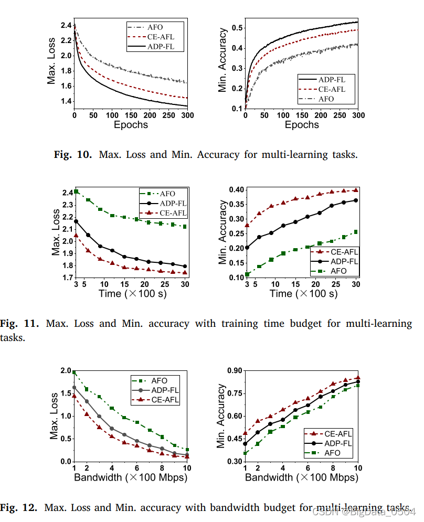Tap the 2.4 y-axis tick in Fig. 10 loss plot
66,25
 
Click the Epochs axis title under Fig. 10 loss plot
131,124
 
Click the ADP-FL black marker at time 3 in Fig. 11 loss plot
77,221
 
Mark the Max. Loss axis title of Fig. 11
56,233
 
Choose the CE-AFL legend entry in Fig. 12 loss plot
164,400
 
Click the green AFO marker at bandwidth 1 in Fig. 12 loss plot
75,372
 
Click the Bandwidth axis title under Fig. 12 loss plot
131,477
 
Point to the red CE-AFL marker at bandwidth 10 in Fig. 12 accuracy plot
358,377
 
